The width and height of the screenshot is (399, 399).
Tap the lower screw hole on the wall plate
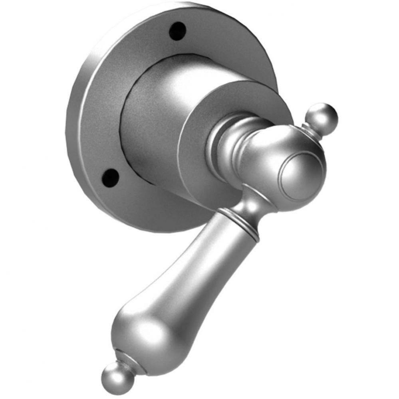110,177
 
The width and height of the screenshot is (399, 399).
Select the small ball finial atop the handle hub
323,116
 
